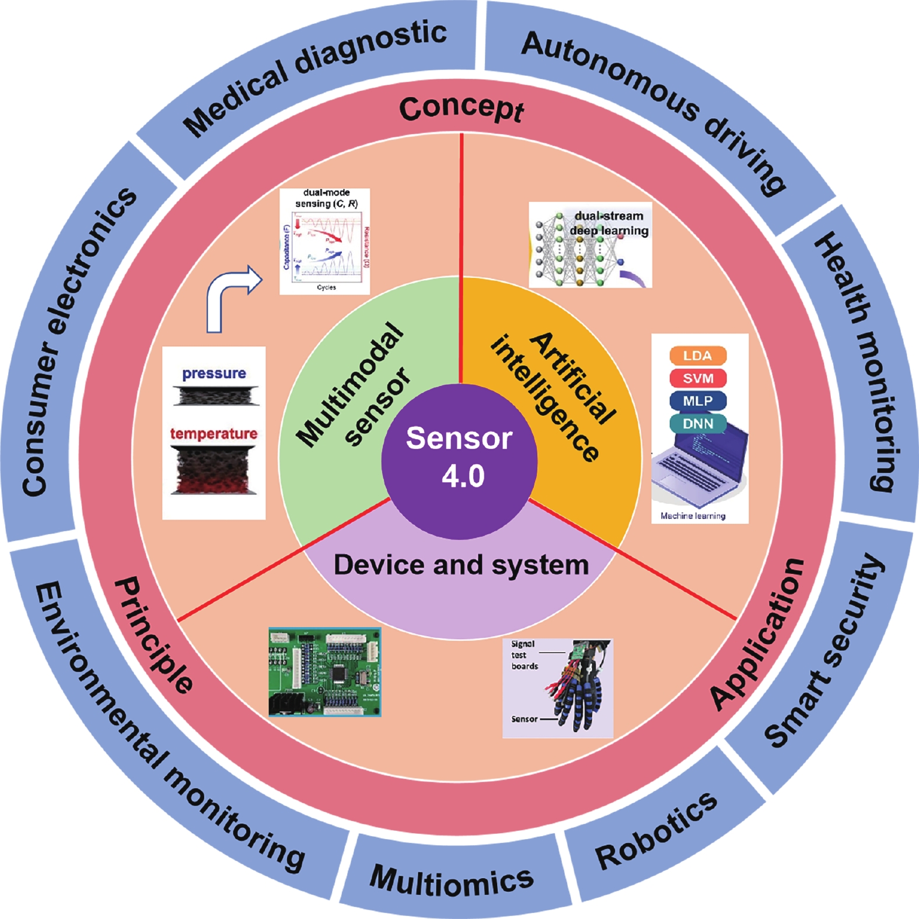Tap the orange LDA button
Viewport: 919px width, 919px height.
tap(698, 356)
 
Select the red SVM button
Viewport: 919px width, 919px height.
tap(698, 378)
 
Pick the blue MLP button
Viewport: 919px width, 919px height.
tap(698, 401)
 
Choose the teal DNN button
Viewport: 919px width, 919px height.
tap(698, 424)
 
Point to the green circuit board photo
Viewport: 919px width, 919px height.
tap(324, 672)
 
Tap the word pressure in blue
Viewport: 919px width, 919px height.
tap(214, 373)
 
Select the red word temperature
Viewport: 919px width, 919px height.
tap(214, 434)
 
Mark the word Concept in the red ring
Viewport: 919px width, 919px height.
tap(461, 109)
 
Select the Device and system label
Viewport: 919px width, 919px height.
tap(461, 565)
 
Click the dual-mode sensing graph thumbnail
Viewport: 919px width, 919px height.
tap(324, 241)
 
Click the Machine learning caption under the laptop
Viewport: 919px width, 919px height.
tap(693, 516)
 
